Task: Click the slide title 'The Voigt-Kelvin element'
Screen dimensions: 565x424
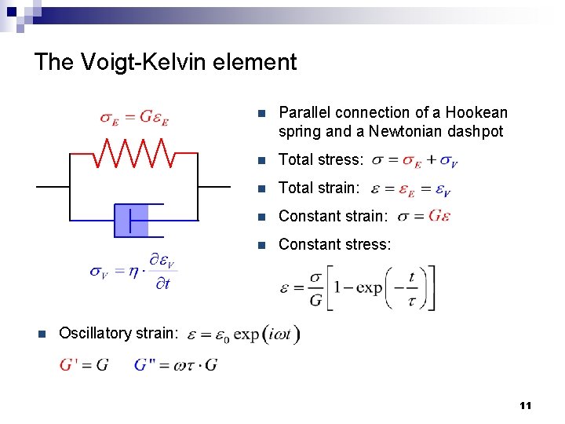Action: click(x=166, y=62)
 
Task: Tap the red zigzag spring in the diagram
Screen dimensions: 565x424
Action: click(x=133, y=153)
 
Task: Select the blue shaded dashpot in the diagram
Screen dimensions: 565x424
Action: click(x=131, y=220)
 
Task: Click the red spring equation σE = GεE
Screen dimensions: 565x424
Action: click(x=134, y=118)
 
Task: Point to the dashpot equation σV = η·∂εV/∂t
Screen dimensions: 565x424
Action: click(x=133, y=272)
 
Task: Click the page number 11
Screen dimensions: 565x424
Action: click(x=525, y=405)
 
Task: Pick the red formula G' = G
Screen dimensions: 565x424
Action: click(x=84, y=365)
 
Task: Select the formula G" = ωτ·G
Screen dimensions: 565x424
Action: click(x=176, y=365)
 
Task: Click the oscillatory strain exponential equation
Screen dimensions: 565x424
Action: click(x=243, y=334)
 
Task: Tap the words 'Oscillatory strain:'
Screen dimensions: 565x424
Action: click(x=118, y=333)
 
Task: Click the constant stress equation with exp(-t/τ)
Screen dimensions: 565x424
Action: click(x=357, y=287)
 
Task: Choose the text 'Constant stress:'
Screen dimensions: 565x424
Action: click(x=334, y=244)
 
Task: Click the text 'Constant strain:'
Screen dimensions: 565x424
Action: click(x=334, y=216)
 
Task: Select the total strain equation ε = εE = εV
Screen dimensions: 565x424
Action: click(x=410, y=189)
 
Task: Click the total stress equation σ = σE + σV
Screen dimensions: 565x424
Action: click(x=415, y=161)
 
